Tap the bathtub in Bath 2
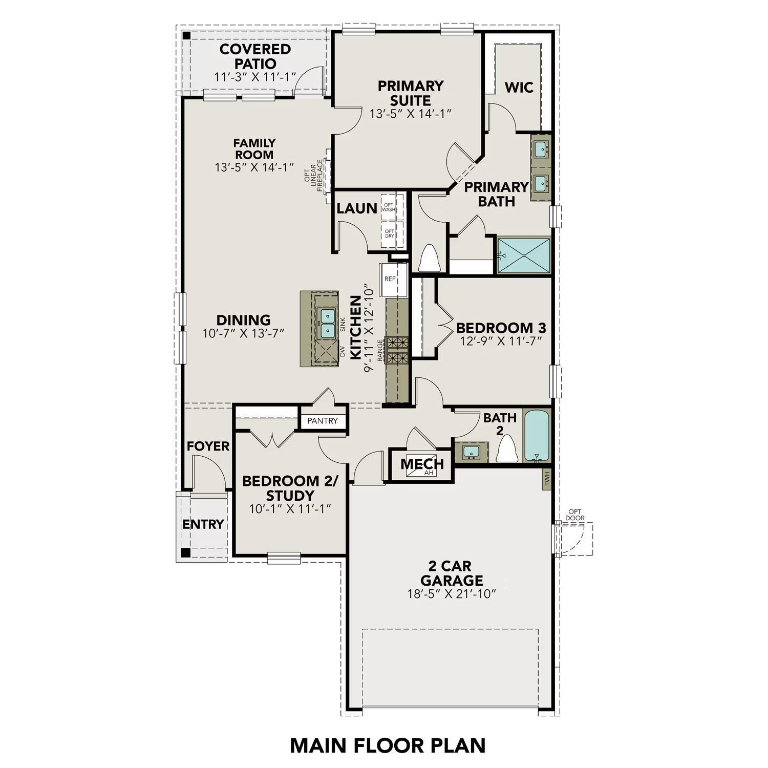click(536, 435)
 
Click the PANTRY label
click(323, 421)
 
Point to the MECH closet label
click(422, 464)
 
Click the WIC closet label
click(519, 88)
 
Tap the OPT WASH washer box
click(389, 207)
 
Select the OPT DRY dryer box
click(390, 233)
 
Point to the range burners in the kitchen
click(397, 350)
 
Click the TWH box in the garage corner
click(547, 479)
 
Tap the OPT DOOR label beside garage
click(575, 515)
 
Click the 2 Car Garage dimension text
click(452, 594)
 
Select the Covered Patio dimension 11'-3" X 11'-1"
click(255, 77)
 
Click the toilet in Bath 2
click(507, 450)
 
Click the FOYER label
click(208, 446)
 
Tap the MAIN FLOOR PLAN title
click(388, 745)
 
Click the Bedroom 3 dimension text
click(500, 341)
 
